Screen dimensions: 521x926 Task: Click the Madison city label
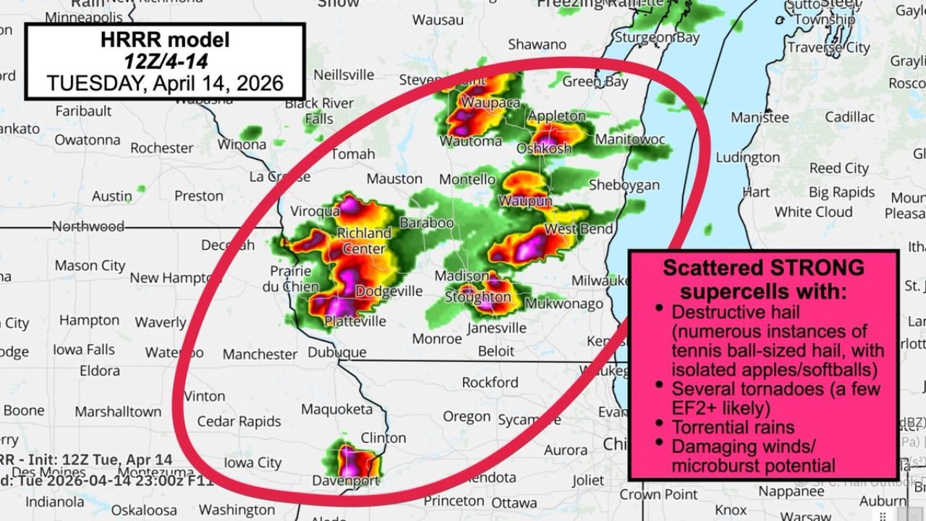(462, 276)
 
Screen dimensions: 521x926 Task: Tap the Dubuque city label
(337, 352)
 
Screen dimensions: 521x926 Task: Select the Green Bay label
(595, 82)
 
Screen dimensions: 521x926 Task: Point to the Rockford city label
(490, 382)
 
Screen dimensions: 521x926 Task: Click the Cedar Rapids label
(239, 421)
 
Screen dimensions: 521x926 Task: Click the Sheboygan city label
(624, 185)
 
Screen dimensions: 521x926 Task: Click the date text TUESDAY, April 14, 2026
(165, 83)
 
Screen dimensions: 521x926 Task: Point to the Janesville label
(497, 328)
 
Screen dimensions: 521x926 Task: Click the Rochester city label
(161, 148)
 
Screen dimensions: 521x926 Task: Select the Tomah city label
(353, 154)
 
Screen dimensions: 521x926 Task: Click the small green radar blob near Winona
(252, 132)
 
